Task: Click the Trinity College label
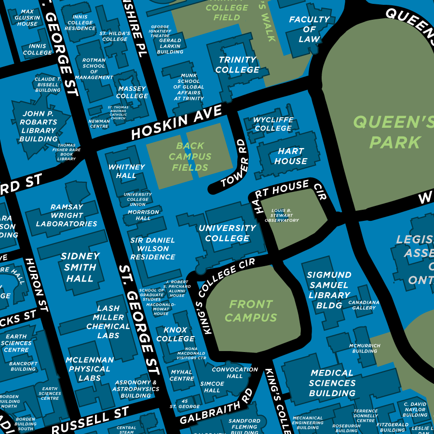pos(237,65)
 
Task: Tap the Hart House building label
pos(290,156)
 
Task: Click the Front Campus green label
pos(251,311)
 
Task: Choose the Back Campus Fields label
pos(190,157)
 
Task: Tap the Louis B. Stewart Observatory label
pos(285,216)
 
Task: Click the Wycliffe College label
pos(273,124)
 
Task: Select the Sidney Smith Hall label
pos(80,267)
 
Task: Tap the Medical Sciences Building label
pos(332,383)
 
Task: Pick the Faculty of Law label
pos(309,29)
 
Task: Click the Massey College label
pos(132,92)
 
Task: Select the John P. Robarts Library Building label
pos(39,126)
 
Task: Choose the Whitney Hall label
pos(126,171)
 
